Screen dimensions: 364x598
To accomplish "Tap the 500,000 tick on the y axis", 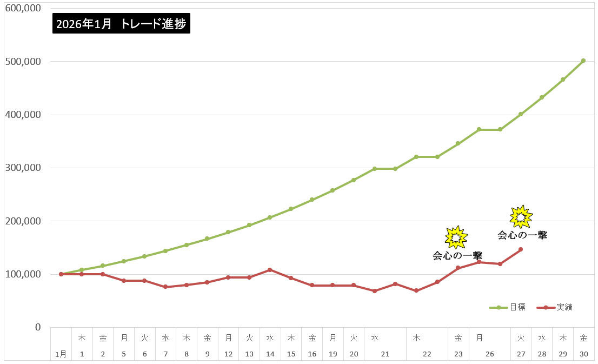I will [23, 62].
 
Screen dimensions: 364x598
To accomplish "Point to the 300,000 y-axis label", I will [23, 168].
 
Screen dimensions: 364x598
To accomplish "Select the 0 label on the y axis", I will [37, 327].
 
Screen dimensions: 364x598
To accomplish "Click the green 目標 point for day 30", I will [583, 61].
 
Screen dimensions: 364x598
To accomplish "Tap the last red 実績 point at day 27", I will [521, 249].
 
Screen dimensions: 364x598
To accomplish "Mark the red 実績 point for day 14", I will [270, 269].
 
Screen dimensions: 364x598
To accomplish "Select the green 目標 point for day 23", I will [458, 143].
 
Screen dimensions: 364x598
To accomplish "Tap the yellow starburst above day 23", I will [456, 237].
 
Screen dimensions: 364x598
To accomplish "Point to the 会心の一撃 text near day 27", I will [522, 235].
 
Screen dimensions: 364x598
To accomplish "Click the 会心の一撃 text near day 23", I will [457, 255].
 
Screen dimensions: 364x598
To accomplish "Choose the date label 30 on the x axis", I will [583, 354].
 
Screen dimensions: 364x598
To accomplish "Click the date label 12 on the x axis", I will [228, 354].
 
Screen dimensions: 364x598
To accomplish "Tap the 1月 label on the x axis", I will [61, 354].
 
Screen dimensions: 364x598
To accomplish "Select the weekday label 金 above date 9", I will [207, 338].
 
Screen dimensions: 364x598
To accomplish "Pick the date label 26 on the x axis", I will [489, 354].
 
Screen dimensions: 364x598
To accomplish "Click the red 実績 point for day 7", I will [165, 287].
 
